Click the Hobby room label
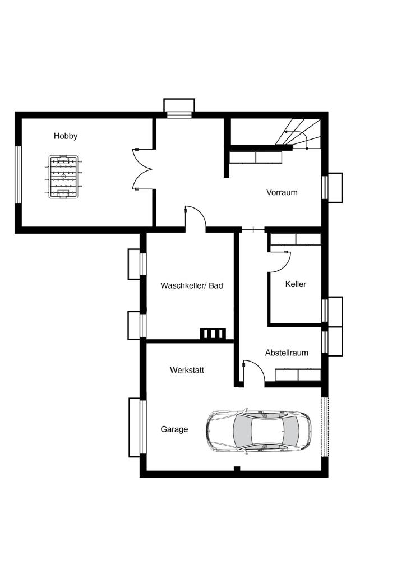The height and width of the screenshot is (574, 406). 66,136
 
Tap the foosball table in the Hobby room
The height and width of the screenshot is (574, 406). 63,177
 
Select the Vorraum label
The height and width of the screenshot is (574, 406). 282,192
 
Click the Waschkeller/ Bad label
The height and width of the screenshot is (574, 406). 191,285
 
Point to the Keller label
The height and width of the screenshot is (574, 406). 296,284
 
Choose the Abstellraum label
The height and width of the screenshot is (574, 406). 287,353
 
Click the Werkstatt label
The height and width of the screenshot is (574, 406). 187,370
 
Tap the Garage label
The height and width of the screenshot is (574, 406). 174,429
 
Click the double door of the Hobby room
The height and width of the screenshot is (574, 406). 142,169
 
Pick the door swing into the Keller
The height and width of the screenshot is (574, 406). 280,261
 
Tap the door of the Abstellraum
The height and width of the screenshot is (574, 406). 254,372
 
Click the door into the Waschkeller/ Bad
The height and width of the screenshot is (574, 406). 196,219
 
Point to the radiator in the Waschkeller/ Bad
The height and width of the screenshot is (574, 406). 213,334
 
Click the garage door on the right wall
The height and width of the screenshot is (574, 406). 325,427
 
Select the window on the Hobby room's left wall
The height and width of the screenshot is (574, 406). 18,175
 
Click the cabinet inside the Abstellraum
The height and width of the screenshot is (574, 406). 298,375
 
